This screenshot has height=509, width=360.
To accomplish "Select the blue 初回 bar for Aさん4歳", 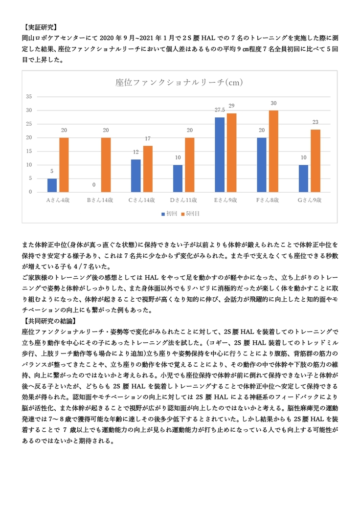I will (52, 185).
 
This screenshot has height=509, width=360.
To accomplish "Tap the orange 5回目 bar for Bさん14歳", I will (106, 165).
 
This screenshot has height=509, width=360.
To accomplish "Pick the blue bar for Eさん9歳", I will (219, 155).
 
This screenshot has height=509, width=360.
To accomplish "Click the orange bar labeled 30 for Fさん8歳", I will (273, 151).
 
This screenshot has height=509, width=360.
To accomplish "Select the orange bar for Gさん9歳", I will (315, 161).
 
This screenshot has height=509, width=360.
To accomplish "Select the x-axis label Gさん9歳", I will (310, 200).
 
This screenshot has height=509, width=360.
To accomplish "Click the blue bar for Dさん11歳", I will (178, 178).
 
